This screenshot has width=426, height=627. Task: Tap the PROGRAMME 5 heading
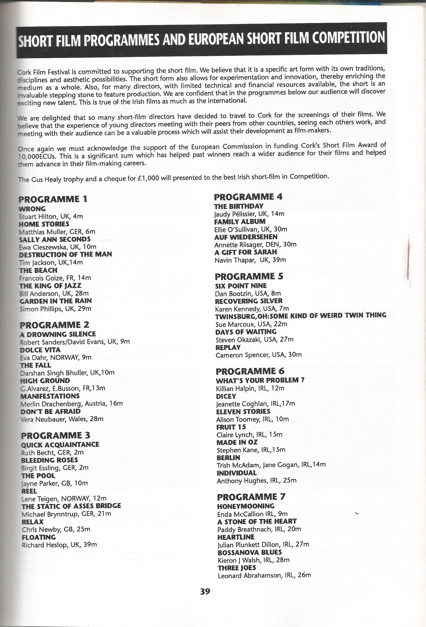pyautogui.click(x=249, y=277)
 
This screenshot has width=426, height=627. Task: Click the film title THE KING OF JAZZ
pyautogui.click(x=50, y=286)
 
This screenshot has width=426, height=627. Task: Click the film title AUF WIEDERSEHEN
pyautogui.click(x=246, y=237)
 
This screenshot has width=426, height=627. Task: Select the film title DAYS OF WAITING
pyautogui.click(x=246, y=332)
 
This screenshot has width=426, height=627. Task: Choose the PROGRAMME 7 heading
pyautogui.click(x=251, y=497)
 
